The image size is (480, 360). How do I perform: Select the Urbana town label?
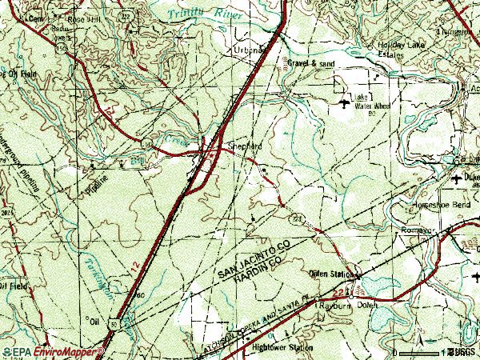click(249, 50)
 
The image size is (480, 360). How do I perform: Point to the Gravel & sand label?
click(311, 62)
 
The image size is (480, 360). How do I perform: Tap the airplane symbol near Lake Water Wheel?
click(344, 102)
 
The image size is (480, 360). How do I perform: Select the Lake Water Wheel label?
click(370, 105)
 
